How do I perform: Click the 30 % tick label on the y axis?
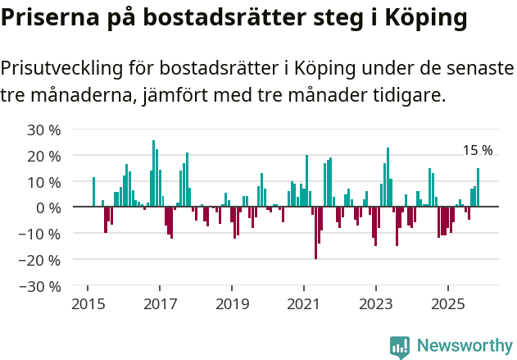44,130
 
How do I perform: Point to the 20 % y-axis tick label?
44,156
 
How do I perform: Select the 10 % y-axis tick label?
44,182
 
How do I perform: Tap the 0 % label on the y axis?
48,208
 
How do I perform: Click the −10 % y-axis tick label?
40,234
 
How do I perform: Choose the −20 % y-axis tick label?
40,260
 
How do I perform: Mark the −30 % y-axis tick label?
40,286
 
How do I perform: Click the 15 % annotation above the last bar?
478,151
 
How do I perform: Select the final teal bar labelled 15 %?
478,188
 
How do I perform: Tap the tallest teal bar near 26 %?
153,173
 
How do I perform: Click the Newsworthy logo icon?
400,346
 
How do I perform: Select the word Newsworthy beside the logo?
465,346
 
